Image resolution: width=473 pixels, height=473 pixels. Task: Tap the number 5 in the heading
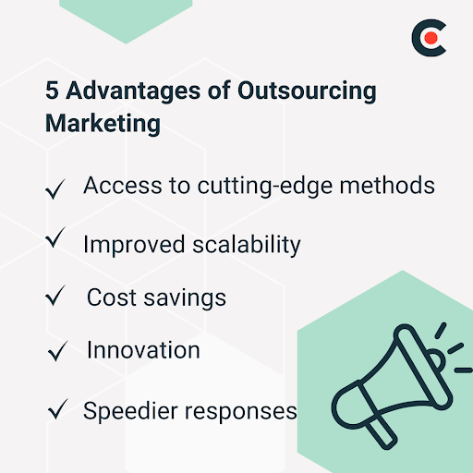[52, 93]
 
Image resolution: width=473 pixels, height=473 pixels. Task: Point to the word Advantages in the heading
[124, 93]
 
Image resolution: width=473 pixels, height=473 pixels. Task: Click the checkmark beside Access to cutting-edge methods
[55, 189]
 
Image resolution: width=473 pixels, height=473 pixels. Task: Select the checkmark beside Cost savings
[56, 297]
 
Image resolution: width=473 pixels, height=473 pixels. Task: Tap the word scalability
[245, 245]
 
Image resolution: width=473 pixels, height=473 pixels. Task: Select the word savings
[184, 298]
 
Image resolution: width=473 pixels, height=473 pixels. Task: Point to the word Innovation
[143, 350]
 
